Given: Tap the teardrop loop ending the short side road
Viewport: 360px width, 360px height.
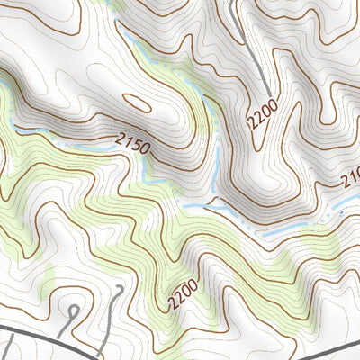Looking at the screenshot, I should point(73,311).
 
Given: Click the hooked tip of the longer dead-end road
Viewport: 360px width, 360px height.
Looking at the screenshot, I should point(120,290).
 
